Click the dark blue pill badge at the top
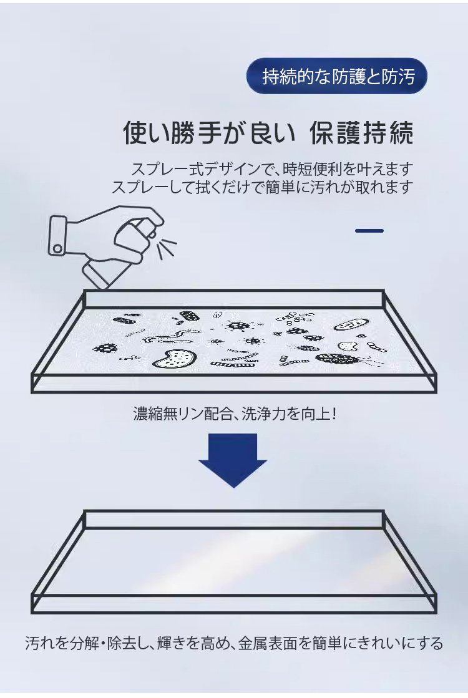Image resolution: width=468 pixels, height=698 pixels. (336, 76)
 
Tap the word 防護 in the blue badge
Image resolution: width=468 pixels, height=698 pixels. (349, 77)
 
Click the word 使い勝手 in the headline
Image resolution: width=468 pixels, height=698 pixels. (172, 133)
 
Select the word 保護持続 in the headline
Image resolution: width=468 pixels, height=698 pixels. (361, 133)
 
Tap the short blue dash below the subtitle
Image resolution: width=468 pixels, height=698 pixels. (369, 231)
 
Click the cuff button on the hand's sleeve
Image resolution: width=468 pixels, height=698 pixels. (57, 248)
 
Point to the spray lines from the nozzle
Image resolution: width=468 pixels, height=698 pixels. (167, 246)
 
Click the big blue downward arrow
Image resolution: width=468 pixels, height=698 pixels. (233, 460)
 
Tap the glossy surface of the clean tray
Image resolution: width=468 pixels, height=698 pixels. (234, 561)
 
